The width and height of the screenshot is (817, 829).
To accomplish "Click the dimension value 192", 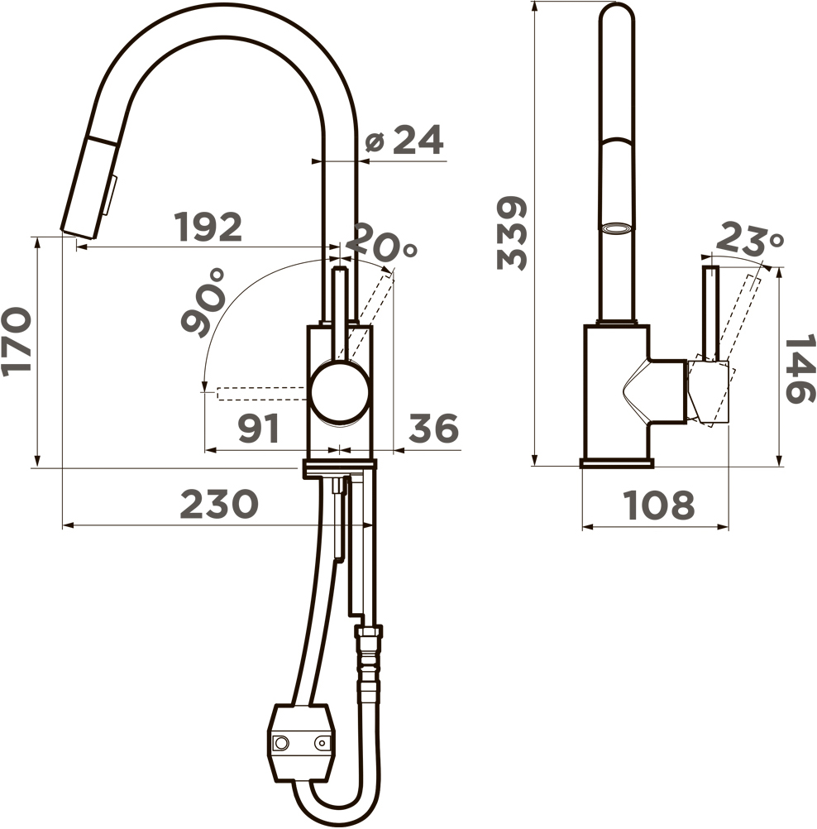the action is point(208,227).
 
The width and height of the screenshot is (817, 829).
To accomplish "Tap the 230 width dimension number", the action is point(219,504).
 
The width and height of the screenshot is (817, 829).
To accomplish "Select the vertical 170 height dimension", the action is point(16,342).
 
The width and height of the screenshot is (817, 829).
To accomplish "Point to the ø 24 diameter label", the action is point(405,140).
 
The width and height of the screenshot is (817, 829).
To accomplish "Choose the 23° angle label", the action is point(750,238).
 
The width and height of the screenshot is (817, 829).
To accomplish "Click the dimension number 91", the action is point(259,429).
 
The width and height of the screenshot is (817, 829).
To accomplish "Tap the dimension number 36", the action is point(433,428).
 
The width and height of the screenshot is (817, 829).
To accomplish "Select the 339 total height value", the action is point(512,233).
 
